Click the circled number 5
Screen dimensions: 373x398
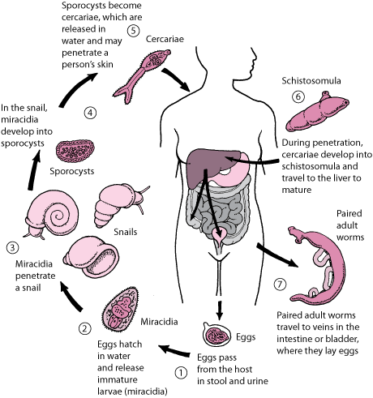click(x=133, y=30)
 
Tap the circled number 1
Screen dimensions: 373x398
click(x=181, y=373)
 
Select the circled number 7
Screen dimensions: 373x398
click(x=281, y=285)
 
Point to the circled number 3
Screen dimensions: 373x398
click(x=12, y=247)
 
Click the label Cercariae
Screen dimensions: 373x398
click(x=165, y=39)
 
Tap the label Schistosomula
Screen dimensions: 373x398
click(x=311, y=81)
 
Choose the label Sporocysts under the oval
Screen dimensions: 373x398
click(x=72, y=171)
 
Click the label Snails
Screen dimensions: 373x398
click(x=126, y=232)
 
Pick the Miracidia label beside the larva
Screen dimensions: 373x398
click(x=159, y=322)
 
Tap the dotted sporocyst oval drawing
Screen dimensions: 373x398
click(x=75, y=151)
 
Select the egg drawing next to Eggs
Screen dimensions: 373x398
click(x=217, y=335)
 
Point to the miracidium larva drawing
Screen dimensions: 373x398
click(x=122, y=310)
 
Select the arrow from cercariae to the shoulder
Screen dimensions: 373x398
click(x=176, y=79)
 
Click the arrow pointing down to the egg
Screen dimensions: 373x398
click(x=220, y=310)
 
